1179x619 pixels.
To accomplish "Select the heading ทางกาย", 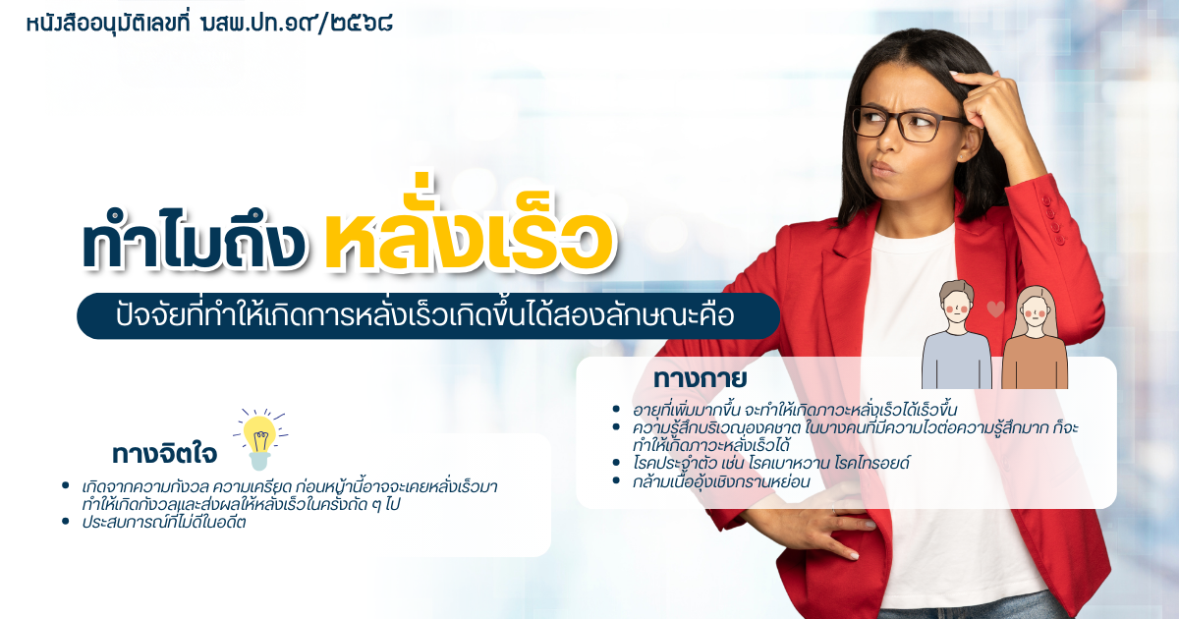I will [x=700, y=379].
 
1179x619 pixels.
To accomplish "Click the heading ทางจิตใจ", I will [x=164, y=453].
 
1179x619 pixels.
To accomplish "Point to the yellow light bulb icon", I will [x=259, y=439].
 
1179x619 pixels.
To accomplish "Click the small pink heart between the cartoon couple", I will [x=995, y=309].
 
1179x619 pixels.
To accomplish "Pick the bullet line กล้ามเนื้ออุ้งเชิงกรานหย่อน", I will [x=722, y=481].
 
